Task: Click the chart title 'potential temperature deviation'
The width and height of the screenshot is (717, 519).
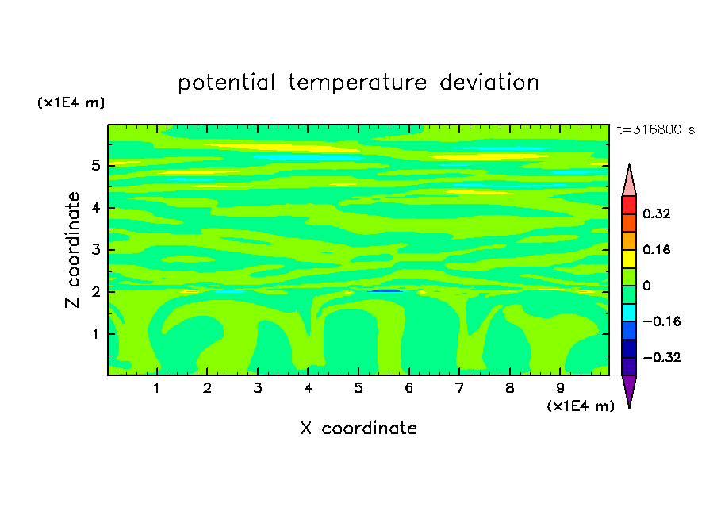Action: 358,83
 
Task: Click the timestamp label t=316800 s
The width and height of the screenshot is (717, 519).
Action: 656,129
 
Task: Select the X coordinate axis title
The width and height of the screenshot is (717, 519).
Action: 358,428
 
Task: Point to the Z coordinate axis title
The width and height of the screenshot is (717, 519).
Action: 72,250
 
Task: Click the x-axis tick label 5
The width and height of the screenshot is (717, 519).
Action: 358,388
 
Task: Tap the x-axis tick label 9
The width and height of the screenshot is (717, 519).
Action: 560,388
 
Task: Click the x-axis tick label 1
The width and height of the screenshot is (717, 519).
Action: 156,388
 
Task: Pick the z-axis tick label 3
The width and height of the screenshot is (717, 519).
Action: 95,250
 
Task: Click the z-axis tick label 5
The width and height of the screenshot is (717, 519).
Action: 95,165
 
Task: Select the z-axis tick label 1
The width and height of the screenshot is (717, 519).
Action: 95,334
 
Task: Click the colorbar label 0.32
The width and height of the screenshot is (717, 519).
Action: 657,213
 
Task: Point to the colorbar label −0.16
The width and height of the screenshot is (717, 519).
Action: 661,321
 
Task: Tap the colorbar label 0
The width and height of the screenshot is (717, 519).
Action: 646,286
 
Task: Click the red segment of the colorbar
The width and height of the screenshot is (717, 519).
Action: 629,205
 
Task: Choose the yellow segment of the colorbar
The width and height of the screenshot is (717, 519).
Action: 629,259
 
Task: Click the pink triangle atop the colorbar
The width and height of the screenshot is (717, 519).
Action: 629,183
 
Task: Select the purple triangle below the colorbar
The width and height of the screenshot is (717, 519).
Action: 629,390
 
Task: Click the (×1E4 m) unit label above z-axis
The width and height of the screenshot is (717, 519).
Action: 71,102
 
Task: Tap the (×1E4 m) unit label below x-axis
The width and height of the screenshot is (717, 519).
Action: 581,406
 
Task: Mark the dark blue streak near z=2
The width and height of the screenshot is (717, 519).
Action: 385,291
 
